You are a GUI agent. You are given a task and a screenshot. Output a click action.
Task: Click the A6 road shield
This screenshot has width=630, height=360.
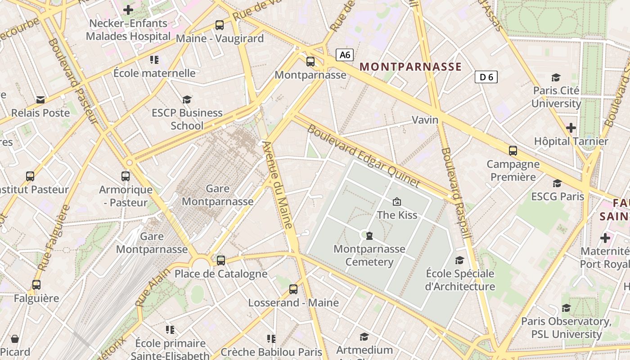[x=345, y=55]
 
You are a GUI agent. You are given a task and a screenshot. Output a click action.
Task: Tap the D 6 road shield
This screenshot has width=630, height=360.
[x=486, y=77]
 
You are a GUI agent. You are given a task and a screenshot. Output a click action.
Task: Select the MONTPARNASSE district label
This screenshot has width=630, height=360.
[x=410, y=67]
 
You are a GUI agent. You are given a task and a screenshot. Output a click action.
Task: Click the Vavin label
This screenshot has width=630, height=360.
[x=425, y=120]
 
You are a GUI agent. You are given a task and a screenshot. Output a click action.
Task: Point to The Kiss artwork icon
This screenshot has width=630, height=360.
[x=396, y=202]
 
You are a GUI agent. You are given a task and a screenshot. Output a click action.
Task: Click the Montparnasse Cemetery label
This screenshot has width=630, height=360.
[x=369, y=255]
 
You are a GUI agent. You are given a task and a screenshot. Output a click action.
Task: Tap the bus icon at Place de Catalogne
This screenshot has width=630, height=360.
[x=220, y=260]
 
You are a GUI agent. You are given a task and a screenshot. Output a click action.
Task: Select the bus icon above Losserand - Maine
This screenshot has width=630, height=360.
[x=293, y=289]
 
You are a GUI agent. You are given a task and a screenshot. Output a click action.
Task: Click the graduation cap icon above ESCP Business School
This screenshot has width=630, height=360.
[x=187, y=99]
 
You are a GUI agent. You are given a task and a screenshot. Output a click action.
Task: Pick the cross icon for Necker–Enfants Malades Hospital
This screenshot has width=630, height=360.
[x=128, y=9]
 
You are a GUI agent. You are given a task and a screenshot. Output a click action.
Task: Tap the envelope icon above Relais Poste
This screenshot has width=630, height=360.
[x=40, y=99]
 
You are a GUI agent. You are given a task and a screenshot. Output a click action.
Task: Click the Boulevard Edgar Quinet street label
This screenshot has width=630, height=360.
[x=364, y=156]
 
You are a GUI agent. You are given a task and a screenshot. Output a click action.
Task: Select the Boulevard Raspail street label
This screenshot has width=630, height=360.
[x=456, y=193]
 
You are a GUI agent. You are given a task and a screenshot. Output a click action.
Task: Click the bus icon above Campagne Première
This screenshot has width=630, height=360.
[x=513, y=150]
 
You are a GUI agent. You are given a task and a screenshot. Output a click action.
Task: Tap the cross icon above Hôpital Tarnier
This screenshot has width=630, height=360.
[x=571, y=128]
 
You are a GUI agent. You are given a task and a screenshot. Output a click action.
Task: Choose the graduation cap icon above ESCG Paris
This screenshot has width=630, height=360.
[x=557, y=183]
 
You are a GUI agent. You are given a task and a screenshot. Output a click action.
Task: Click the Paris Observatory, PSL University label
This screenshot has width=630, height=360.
[x=566, y=328]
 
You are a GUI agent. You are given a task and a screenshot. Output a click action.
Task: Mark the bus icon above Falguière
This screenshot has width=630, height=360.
[x=36, y=284]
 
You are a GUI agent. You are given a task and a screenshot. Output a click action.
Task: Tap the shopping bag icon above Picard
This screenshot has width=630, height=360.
[x=15, y=338]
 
